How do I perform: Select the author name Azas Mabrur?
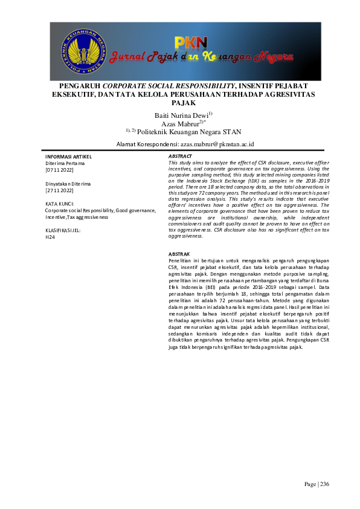(179, 123)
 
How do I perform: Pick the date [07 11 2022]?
(59, 171)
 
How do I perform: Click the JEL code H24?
(50, 238)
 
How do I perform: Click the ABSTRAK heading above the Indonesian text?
(179, 254)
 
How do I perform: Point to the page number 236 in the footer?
(324, 484)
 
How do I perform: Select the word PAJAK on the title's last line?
(180, 103)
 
